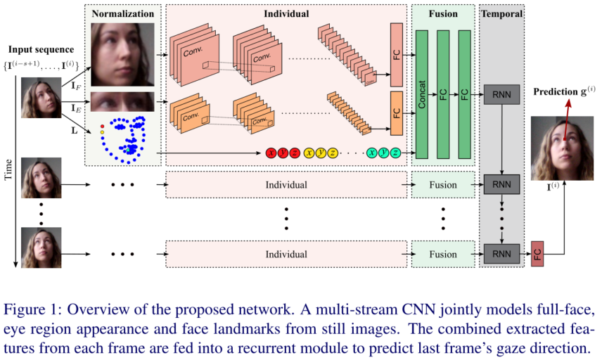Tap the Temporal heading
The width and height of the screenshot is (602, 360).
pos(501,13)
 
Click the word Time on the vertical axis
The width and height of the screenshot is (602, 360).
pos(9,169)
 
